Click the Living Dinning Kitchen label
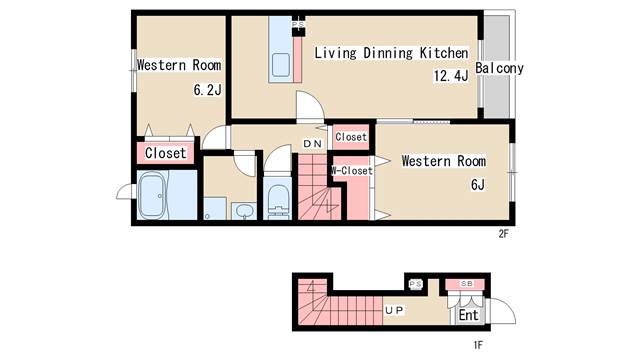tap(391, 53)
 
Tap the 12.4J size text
tap(451, 76)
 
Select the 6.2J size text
tap(207, 90)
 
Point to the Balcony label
tap(499, 68)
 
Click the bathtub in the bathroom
tap(152, 195)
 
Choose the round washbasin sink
tap(244, 211)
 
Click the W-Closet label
tap(351, 171)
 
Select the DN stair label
tap(312, 144)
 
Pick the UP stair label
tap(394, 311)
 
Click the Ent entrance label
tap(468, 315)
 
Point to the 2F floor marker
tap(503, 234)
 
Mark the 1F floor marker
tap(478, 345)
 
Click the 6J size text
tap(478, 185)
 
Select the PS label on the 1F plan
tap(416, 284)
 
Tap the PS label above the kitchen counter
tap(298, 24)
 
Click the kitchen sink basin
tap(281, 64)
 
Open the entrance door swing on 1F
tap(503, 311)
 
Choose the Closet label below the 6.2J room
tap(165, 153)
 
